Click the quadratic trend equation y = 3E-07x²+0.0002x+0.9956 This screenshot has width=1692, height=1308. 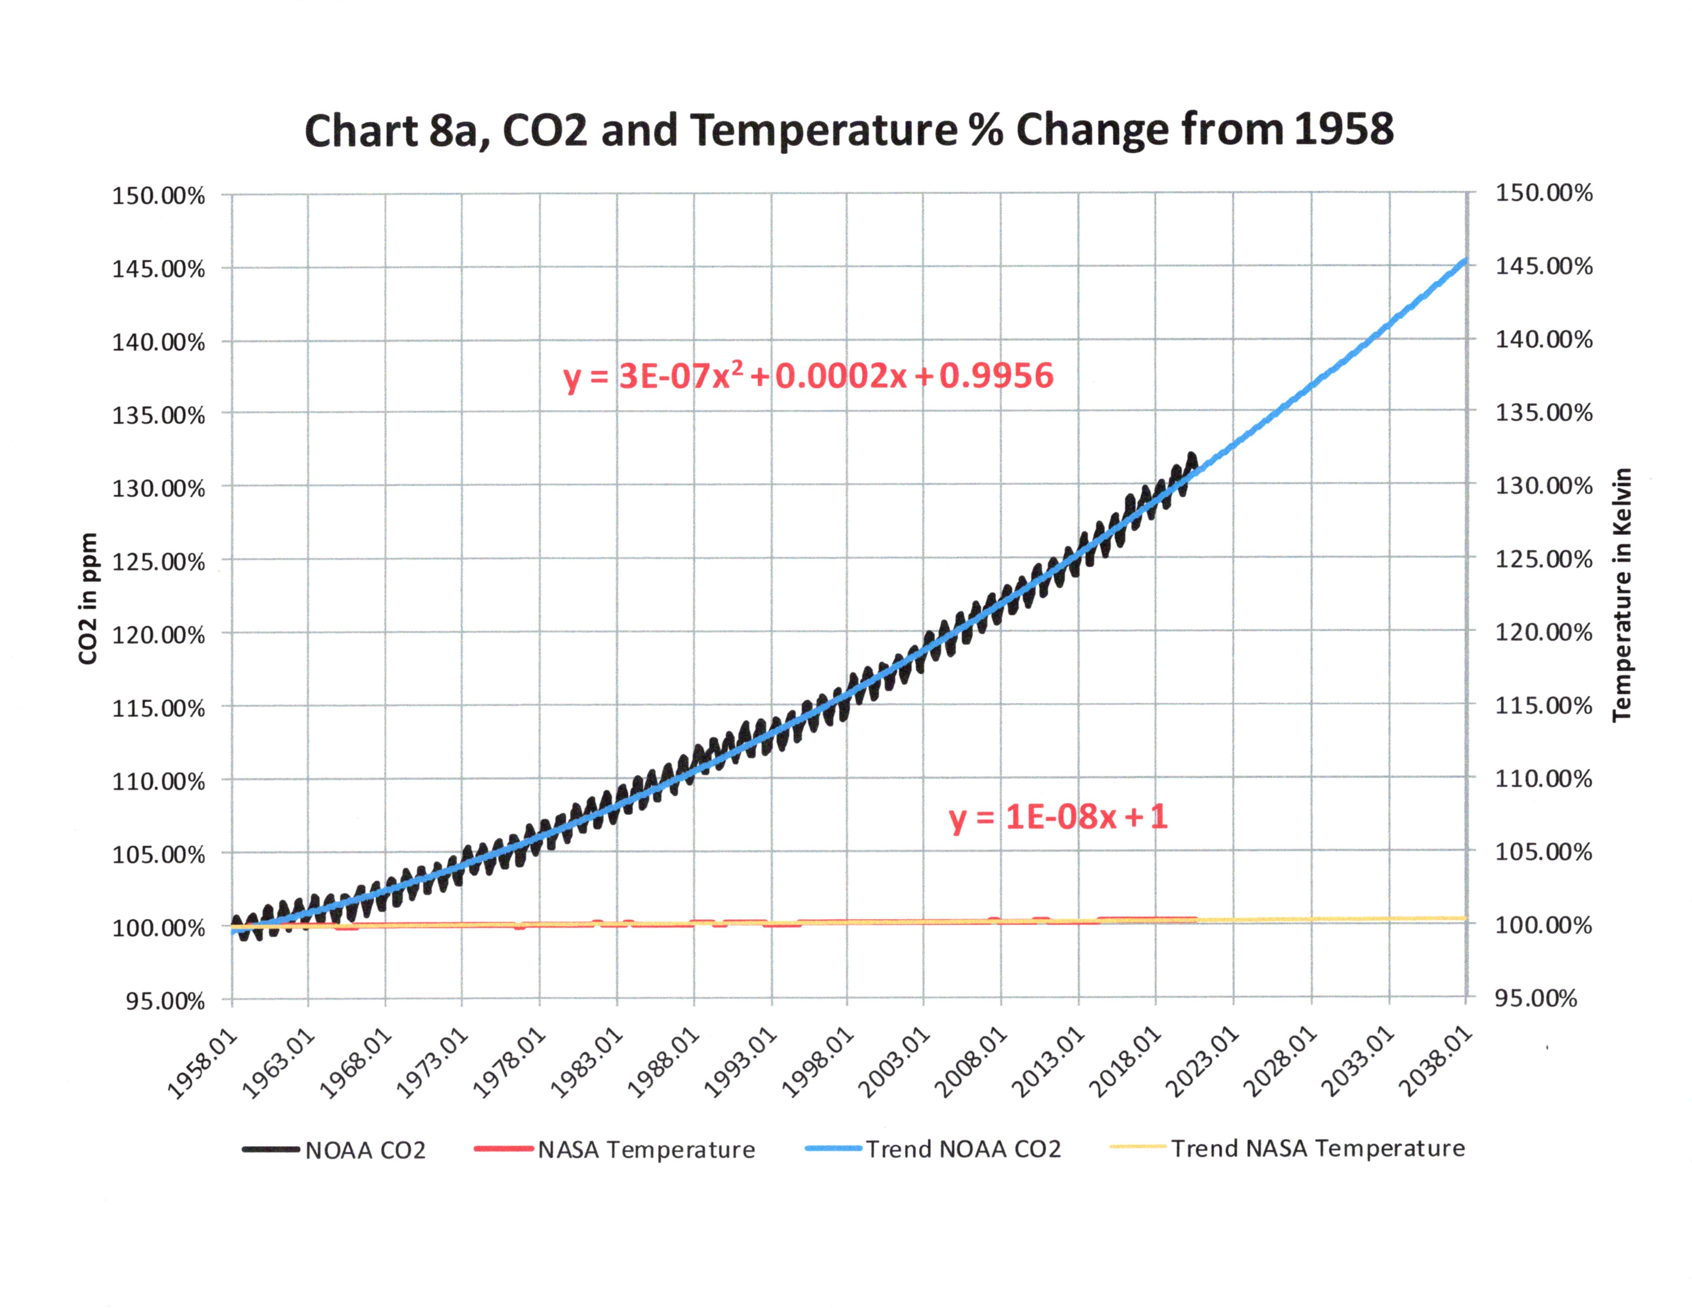tap(808, 376)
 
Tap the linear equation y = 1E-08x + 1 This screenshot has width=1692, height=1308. tap(1057, 817)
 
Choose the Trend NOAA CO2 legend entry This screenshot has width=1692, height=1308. tap(934, 1148)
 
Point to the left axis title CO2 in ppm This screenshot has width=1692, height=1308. tap(88, 598)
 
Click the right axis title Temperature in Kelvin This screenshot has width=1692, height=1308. tap(1621, 595)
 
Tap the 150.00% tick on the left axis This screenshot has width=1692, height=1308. tap(159, 195)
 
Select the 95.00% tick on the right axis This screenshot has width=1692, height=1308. tap(1536, 998)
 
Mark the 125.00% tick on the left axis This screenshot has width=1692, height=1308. tap(159, 562)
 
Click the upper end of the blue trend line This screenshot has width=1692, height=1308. tap(1465, 261)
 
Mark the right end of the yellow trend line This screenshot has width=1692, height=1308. tap(1465, 918)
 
